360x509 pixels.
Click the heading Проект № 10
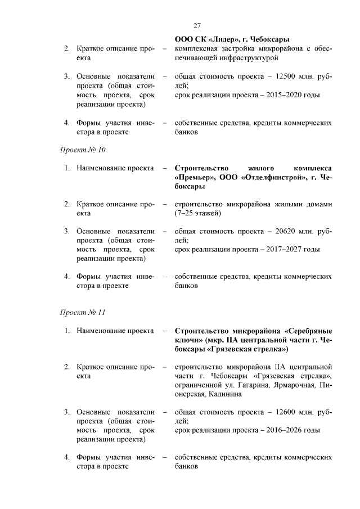(83, 150)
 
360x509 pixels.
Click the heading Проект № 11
(83, 312)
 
